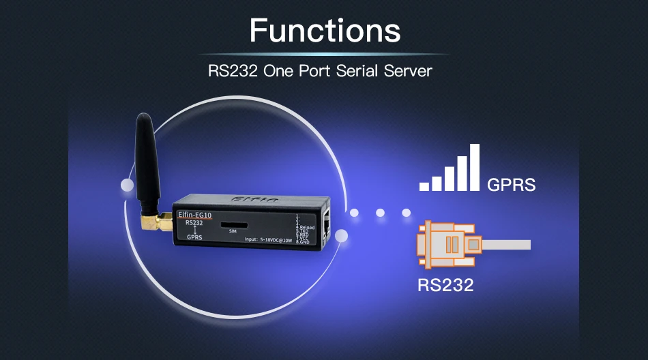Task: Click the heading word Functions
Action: [325, 31]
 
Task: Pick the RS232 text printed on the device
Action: [193, 222]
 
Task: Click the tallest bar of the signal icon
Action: [475, 167]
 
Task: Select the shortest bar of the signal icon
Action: [424, 185]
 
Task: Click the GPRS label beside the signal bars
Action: [511, 185]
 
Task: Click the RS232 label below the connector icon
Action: [445, 284]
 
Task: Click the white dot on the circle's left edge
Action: [127, 185]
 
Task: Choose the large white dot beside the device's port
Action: [342, 236]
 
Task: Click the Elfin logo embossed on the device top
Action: [252, 200]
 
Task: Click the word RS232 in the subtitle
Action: [233, 70]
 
